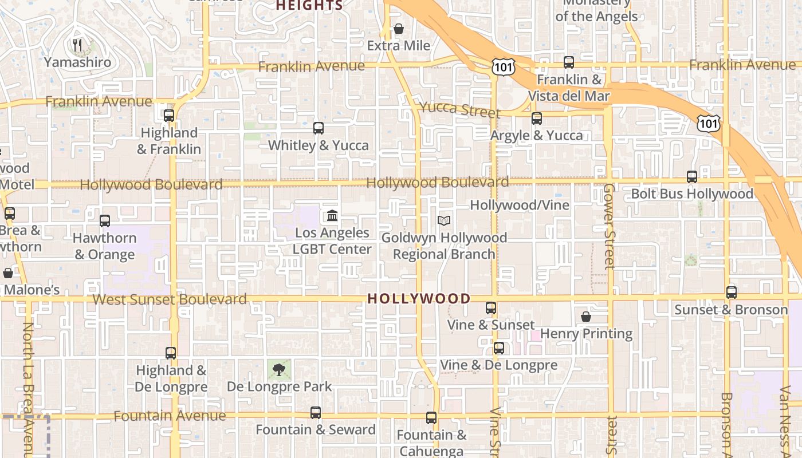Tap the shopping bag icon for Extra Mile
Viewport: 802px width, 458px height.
coord(399,29)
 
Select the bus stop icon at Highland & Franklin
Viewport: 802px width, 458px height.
coord(169,116)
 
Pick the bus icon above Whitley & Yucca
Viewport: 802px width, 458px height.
coord(319,128)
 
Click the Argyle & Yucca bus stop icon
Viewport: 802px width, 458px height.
coord(537,119)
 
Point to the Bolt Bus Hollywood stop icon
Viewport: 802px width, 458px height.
coord(692,177)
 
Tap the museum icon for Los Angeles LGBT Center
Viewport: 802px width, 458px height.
coord(332,216)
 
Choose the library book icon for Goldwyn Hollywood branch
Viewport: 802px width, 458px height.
coord(444,220)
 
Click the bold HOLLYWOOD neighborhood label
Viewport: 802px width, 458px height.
coord(419,298)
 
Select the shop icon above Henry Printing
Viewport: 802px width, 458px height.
coord(586,317)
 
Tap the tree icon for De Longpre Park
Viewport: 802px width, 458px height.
coord(279,369)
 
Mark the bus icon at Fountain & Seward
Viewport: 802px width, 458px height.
coord(316,412)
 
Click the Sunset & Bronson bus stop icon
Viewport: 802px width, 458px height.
coord(732,293)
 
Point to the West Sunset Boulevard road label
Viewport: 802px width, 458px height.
coord(170,299)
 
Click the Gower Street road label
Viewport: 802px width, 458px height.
coord(609,226)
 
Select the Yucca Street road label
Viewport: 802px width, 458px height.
coord(459,109)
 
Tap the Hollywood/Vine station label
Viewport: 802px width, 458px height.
coord(520,205)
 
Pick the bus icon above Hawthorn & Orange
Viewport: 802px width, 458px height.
coord(105,221)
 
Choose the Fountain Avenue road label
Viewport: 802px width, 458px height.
coord(170,416)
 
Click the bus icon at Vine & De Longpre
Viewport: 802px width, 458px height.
coord(499,348)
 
